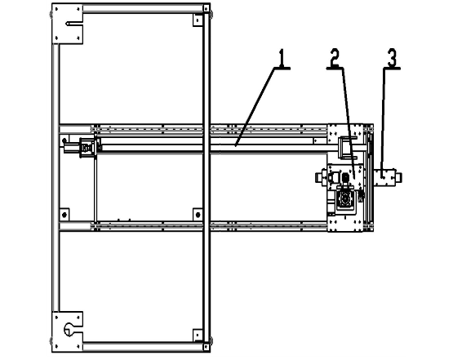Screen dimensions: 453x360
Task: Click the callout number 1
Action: (282, 57)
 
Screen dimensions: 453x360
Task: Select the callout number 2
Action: (335, 57)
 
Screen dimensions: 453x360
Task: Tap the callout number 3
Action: (392, 58)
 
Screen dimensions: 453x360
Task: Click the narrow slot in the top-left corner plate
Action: (74, 24)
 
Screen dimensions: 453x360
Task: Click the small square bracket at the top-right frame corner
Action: (198, 20)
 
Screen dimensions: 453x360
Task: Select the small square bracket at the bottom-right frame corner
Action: (198, 336)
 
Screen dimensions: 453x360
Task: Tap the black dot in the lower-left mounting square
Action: (64, 215)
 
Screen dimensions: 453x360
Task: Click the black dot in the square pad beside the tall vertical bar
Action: (198, 215)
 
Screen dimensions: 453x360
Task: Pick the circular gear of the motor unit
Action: (345, 199)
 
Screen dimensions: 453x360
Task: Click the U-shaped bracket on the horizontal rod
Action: (347, 148)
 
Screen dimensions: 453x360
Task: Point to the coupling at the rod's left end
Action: (86, 148)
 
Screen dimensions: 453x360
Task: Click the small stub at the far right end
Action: (398, 177)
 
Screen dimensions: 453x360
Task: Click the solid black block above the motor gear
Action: (345, 177)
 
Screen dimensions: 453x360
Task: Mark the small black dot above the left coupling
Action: (64, 140)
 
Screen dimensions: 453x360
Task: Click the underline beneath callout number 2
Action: (335, 69)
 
